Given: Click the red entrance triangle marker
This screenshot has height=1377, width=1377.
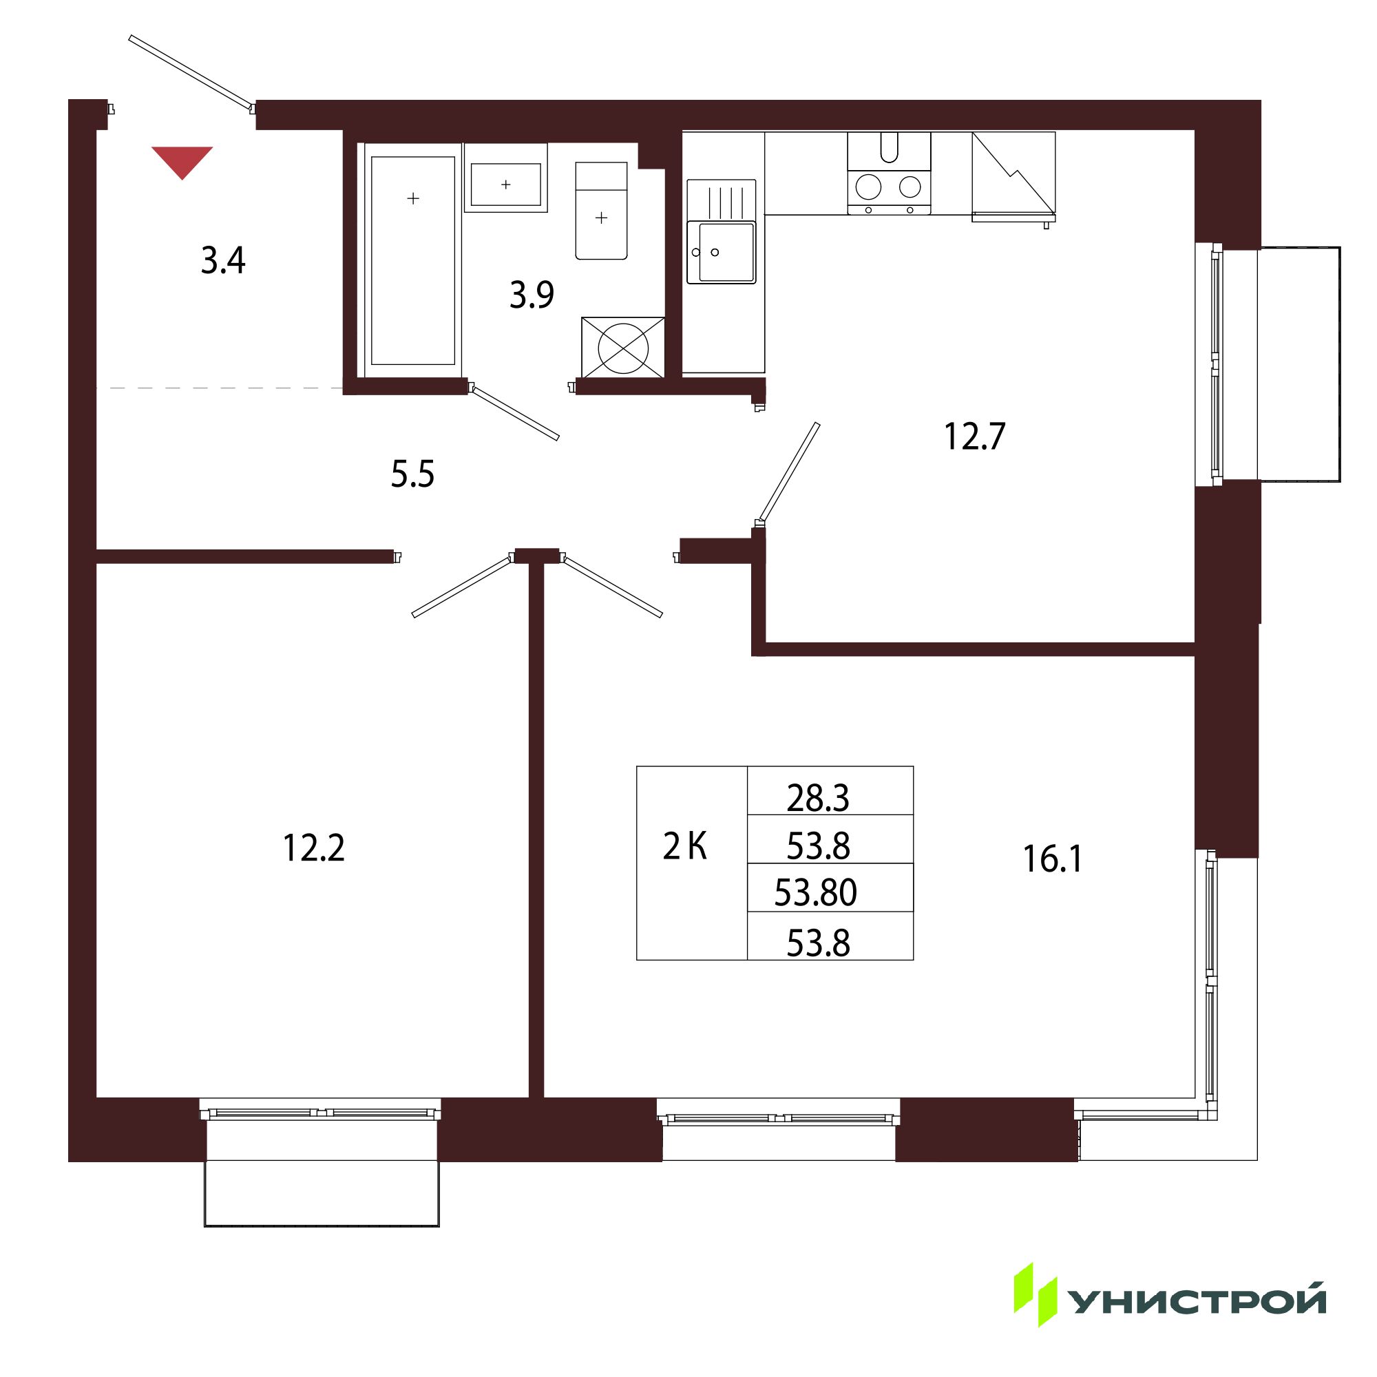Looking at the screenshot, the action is [x=182, y=161].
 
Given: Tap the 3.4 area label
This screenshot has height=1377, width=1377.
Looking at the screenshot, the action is [x=223, y=261].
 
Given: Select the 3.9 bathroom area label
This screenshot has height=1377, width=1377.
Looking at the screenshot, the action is [x=532, y=295].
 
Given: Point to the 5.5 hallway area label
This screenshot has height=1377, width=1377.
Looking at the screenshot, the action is [x=412, y=474].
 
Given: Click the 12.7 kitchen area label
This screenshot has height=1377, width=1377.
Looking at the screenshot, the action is [x=974, y=437].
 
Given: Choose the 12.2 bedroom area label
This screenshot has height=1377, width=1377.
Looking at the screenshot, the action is [x=313, y=848].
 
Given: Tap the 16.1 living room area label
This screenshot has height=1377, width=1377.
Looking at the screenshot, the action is [x=1053, y=859].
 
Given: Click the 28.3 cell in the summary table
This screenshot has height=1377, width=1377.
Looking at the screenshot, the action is [x=818, y=798].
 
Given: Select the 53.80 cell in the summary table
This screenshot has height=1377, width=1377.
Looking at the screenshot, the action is [x=815, y=892].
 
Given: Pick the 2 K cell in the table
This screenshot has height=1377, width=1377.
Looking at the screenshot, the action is [x=685, y=848].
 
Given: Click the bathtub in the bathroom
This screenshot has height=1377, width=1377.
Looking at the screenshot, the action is [x=412, y=260].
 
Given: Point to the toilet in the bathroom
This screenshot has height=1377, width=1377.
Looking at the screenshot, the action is [x=602, y=211].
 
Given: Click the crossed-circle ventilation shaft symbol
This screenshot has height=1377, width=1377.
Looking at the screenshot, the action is [x=623, y=347].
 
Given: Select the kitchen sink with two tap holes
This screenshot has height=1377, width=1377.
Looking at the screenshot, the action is [x=721, y=231].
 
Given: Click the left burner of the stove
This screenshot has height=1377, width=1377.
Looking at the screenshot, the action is [x=868, y=187].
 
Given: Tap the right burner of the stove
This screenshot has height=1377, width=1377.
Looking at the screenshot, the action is [x=910, y=187].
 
